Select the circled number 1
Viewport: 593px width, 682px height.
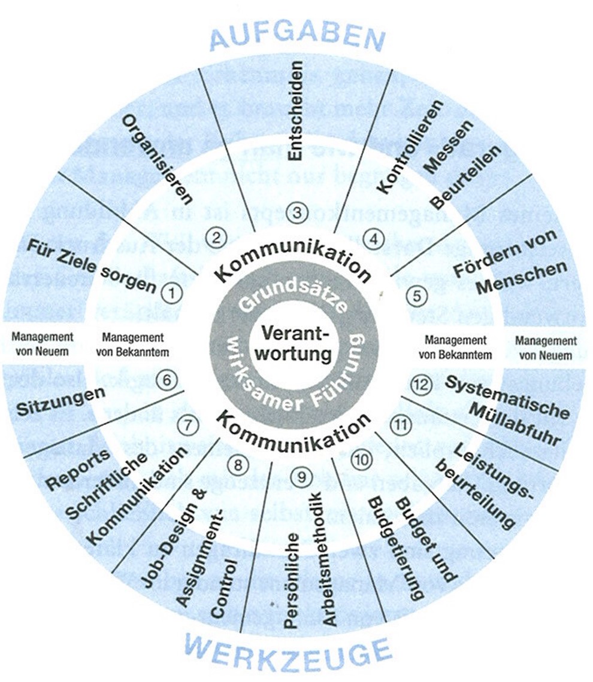click(172, 293)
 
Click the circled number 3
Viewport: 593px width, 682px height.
click(296, 210)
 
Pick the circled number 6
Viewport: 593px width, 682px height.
click(167, 379)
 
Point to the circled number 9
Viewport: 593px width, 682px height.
click(301, 476)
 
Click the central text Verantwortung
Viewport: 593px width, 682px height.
click(297, 343)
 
